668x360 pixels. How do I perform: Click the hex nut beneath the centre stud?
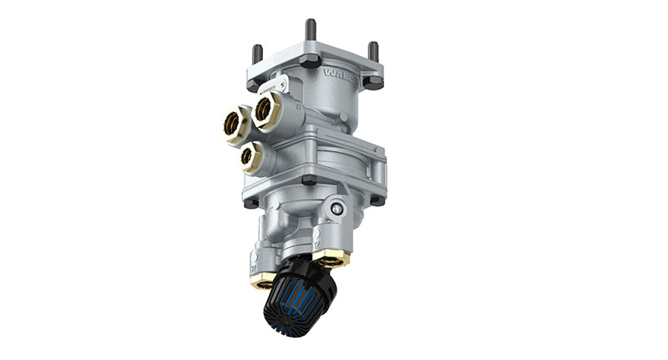[310, 60]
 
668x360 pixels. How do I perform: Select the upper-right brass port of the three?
[268, 108]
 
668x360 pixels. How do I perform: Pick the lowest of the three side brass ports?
[247, 155]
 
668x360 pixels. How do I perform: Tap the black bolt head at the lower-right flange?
[377, 200]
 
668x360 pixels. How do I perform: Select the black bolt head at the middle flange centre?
[308, 180]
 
